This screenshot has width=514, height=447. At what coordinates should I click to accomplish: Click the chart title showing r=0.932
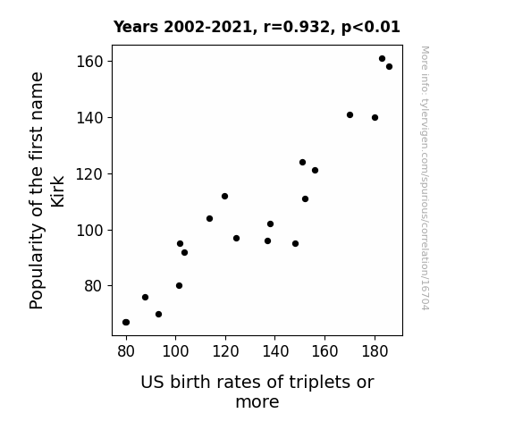click(x=257, y=27)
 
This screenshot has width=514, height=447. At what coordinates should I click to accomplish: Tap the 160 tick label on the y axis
click(x=89, y=62)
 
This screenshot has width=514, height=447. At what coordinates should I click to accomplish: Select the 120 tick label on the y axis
click(x=89, y=173)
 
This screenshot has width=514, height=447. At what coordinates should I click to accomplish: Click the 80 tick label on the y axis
click(x=94, y=286)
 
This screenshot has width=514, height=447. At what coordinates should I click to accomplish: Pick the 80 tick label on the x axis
click(x=126, y=351)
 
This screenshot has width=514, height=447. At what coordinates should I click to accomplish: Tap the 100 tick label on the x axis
click(x=176, y=351)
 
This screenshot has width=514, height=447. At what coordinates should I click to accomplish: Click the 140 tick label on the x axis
click(x=275, y=351)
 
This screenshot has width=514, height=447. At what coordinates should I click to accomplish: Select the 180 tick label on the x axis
click(x=375, y=351)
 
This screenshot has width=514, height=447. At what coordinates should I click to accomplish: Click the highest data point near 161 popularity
click(x=382, y=59)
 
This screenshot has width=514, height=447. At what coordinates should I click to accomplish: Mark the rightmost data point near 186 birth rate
click(x=389, y=66)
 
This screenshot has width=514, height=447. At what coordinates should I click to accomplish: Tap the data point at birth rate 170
click(x=350, y=114)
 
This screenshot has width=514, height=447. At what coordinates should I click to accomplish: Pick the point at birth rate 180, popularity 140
click(x=375, y=117)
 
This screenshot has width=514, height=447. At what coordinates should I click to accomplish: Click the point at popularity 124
click(x=302, y=163)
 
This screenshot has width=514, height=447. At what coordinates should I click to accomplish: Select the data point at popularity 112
click(x=224, y=196)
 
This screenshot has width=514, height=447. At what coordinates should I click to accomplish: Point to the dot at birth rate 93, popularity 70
click(x=158, y=314)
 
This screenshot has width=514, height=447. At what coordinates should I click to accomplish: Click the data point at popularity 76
click(x=145, y=297)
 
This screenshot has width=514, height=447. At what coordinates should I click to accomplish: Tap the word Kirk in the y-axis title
click(x=57, y=191)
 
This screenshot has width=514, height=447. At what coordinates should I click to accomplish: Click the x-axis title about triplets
click(x=257, y=392)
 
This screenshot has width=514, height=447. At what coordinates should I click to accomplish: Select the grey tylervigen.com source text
click(x=425, y=178)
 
